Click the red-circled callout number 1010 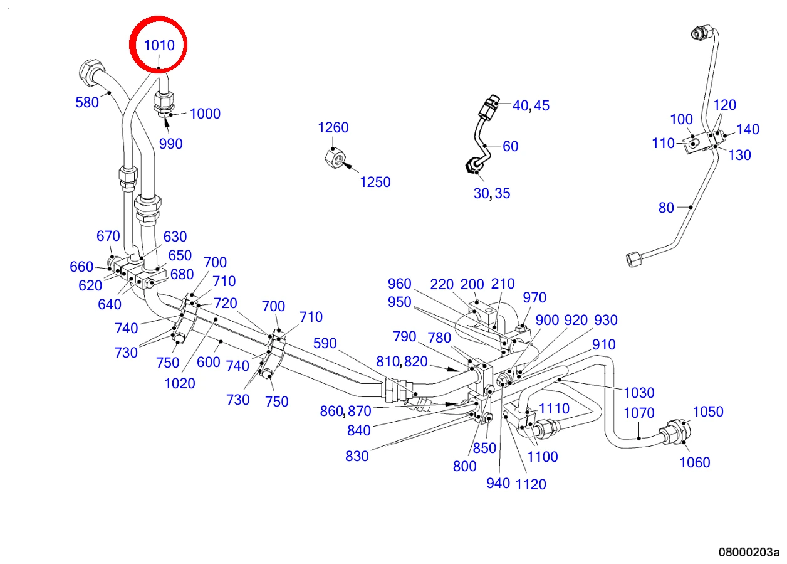click(x=159, y=45)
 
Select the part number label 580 click(x=87, y=102)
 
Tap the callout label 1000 click(x=205, y=114)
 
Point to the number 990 click(x=171, y=144)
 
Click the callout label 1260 click(x=333, y=127)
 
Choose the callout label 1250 click(x=375, y=182)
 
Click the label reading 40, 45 click(x=531, y=105)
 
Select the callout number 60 click(x=511, y=146)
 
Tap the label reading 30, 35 click(x=492, y=193)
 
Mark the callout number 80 click(x=666, y=208)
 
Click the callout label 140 click(x=748, y=129)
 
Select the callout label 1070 click(x=638, y=413)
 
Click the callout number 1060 click(x=695, y=462)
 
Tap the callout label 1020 click(x=180, y=383)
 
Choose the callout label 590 click(x=325, y=343)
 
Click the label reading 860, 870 click(x=345, y=411)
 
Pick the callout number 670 click(x=108, y=236)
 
